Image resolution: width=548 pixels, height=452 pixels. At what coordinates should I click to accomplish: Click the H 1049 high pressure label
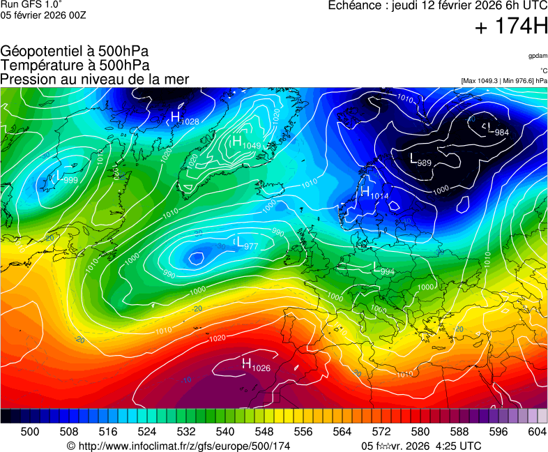coord(245,143)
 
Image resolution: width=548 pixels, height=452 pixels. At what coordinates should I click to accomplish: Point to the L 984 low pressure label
coord(497,130)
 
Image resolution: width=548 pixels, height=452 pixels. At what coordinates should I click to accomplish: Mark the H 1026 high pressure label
coord(255,365)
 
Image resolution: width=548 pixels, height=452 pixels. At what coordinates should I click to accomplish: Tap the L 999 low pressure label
coord(64,179)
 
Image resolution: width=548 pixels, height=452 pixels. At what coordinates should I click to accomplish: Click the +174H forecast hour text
coord(511,28)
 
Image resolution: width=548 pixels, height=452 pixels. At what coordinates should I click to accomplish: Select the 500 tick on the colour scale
coord(29,432)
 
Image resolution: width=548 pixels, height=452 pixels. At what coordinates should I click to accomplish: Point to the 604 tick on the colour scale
coord(537,432)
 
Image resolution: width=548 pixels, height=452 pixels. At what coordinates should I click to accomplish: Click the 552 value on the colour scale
coord(283,432)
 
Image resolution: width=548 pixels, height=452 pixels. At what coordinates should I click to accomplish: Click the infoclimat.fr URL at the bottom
coord(178,446)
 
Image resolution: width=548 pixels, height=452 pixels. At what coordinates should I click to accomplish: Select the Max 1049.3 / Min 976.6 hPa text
coord(504,81)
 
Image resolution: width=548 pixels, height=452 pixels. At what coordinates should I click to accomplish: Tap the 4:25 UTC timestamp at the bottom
coord(457,446)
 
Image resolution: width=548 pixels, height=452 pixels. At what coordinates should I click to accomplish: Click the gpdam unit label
coord(538,56)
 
